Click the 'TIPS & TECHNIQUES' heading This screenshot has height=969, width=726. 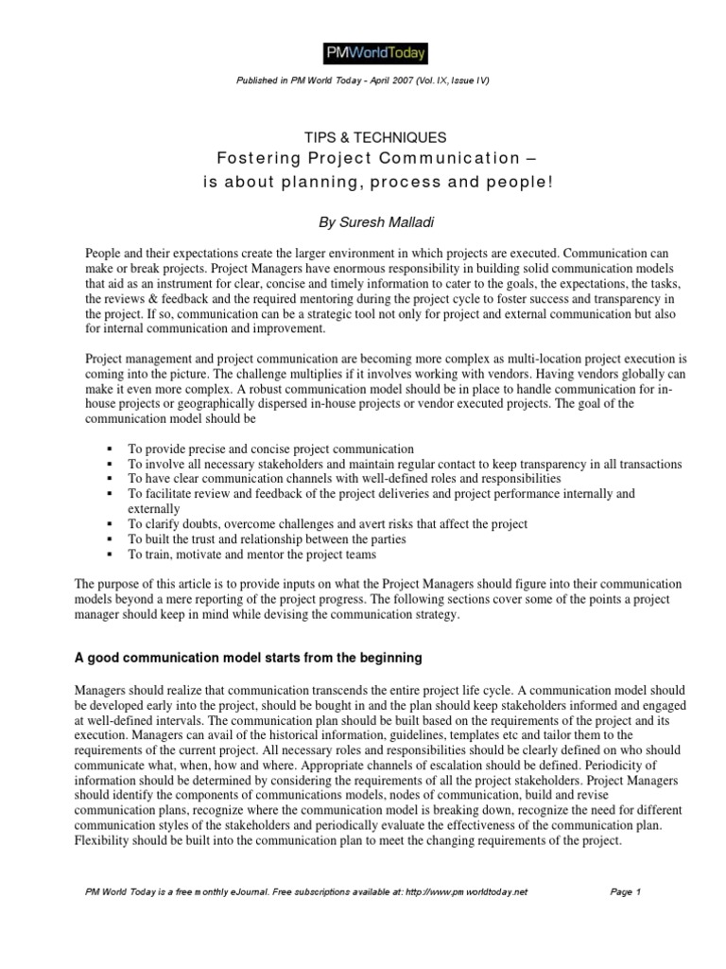[x=363, y=138]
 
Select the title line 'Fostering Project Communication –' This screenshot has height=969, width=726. [x=363, y=158]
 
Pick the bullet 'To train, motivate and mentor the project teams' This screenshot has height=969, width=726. [x=252, y=554]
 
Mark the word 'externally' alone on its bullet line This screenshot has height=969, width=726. [x=155, y=508]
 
